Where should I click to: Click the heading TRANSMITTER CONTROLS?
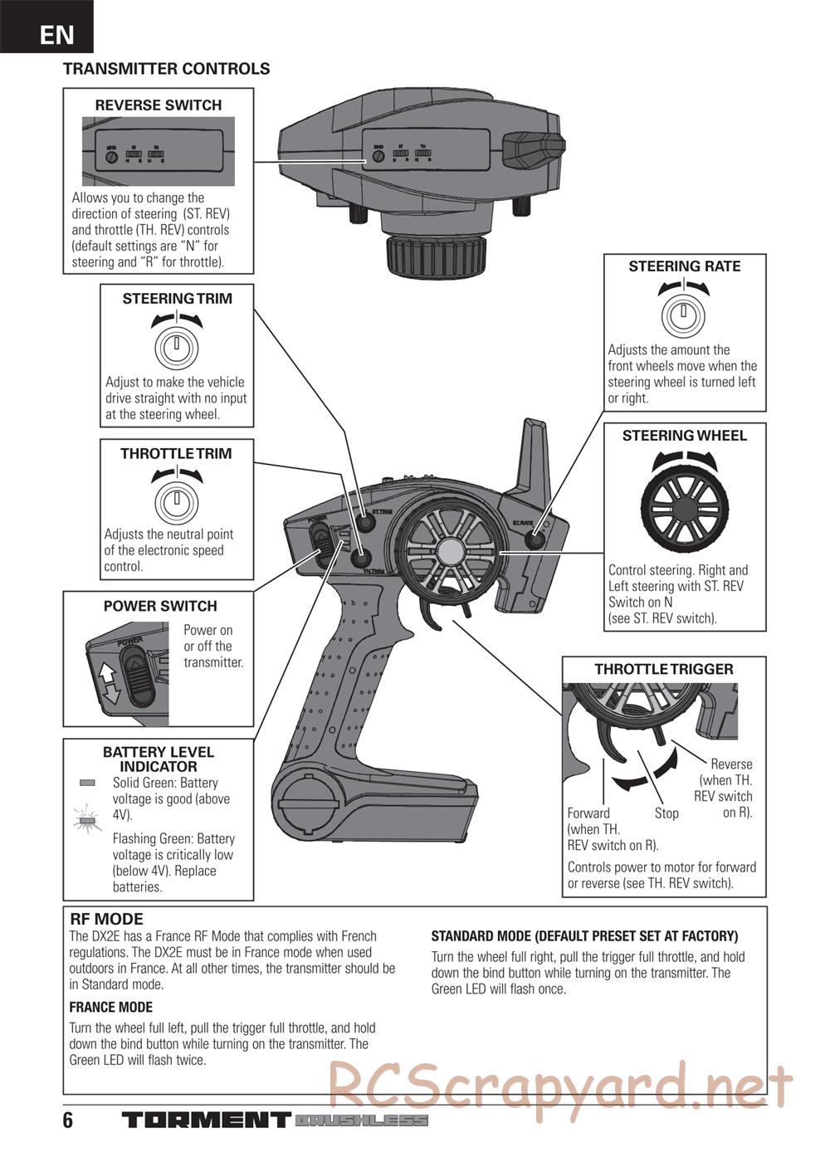[x=166, y=69]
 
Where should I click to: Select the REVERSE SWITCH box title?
[x=159, y=105]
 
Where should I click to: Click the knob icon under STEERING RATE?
[x=683, y=315]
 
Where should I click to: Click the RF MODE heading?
[x=106, y=919]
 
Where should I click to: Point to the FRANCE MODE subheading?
[x=110, y=1007]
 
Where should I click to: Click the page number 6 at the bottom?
[x=68, y=1121]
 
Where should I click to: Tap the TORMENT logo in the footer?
[x=207, y=1121]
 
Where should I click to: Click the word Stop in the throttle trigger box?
[x=666, y=813]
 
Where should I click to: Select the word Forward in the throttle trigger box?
[x=588, y=813]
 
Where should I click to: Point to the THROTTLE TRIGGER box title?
[x=664, y=669]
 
